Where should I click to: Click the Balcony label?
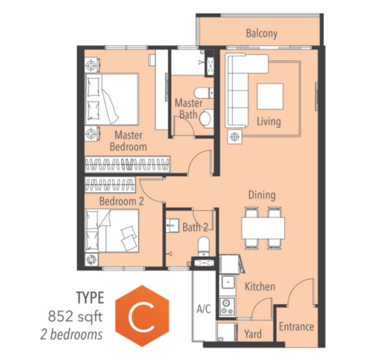tap(261, 34)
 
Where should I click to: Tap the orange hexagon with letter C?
tap(142, 316)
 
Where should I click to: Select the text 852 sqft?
tap(75, 317)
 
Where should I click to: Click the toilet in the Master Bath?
tap(204, 92)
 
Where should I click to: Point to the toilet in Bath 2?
tap(204, 247)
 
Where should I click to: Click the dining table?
tap(263, 228)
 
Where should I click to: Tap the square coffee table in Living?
tap(270, 96)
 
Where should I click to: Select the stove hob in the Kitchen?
tap(227, 307)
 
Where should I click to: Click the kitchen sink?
tap(228, 282)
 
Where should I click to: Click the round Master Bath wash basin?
tap(206, 119)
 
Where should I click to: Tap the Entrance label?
tap(296, 327)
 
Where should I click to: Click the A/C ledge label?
tap(204, 308)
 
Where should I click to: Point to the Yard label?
tap(253, 334)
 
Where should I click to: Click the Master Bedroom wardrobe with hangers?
tap(127, 164)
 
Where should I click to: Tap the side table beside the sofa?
tap(234, 137)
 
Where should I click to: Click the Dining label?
tap(262, 195)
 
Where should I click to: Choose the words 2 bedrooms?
tap(71, 334)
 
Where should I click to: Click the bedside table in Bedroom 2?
tap(91, 260)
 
